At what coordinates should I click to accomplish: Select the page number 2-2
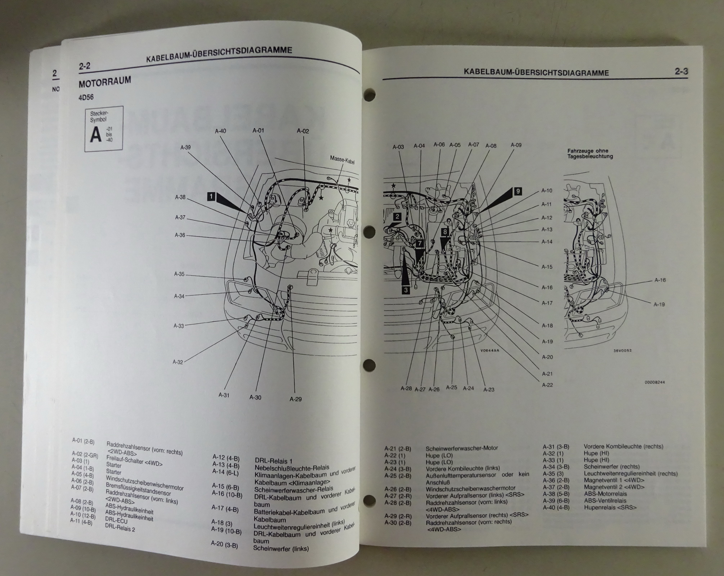tap(84, 66)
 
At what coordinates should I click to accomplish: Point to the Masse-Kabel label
tap(342, 160)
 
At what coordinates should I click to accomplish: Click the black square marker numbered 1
tap(211, 197)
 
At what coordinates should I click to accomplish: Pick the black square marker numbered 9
tap(518, 191)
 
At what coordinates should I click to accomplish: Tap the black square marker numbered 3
tap(406, 290)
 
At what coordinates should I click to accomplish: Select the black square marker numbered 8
tap(445, 232)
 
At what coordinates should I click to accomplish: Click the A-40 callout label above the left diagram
tap(220, 131)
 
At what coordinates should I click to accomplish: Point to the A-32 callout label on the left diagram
tap(178, 362)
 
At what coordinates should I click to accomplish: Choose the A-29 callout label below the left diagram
tap(295, 399)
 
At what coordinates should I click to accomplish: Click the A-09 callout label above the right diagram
tap(516, 145)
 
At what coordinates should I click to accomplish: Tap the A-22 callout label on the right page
tap(547, 385)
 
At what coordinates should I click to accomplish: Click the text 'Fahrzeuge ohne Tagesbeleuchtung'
tap(590, 154)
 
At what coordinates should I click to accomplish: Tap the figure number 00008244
tap(654, 382)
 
